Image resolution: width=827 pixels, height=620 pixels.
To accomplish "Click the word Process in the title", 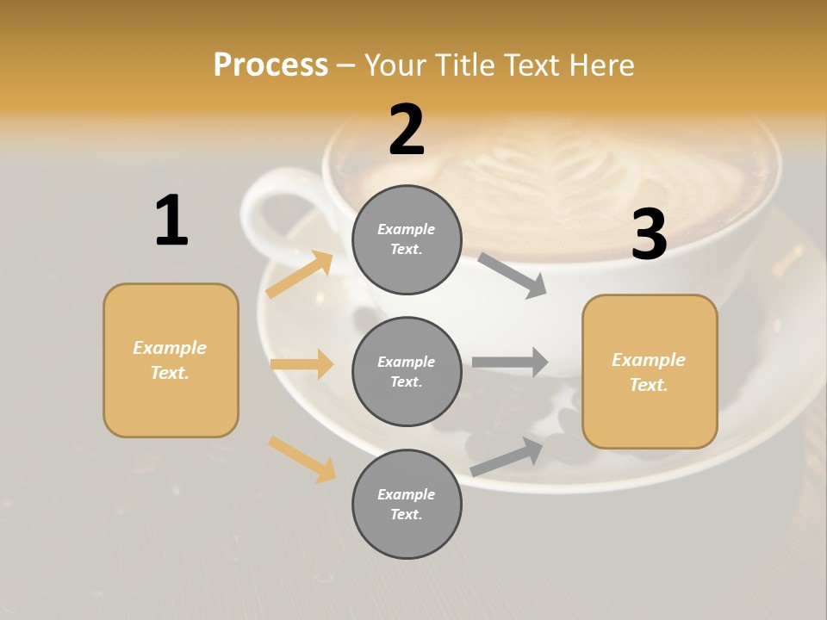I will pos(270,65).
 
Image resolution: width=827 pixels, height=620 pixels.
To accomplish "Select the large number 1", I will pos(171,221).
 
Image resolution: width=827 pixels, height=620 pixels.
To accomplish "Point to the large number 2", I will pos(407,130).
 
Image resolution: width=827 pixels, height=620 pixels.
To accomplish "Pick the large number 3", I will pos(649,234).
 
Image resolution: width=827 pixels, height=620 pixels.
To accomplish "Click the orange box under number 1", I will pos(171,360).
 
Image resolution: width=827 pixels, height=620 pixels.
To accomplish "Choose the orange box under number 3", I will pos(650,372).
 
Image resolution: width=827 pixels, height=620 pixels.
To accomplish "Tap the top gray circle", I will pos(407,239).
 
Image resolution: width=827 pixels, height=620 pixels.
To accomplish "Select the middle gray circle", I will pos(407,371).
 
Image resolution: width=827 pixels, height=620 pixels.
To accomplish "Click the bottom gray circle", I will pos(407,504).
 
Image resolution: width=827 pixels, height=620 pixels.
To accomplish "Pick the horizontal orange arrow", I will pos(302,364).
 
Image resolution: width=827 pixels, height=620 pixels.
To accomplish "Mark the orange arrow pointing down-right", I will pos(302,459).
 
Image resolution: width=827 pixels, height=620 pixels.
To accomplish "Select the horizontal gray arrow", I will pos(510,362).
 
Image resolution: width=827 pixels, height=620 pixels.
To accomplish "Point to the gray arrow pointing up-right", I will pos(507,456).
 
